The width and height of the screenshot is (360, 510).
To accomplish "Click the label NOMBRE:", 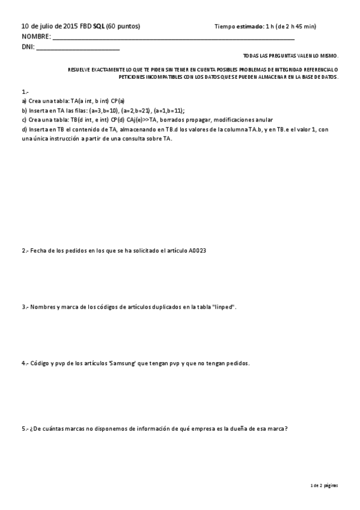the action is point(35,36).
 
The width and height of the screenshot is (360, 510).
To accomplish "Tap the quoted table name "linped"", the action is point(225,307).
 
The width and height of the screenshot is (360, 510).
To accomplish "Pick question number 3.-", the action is point(25,307).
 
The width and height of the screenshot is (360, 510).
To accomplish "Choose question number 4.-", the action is point(25,363).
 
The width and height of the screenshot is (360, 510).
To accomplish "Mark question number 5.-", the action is point(25,428).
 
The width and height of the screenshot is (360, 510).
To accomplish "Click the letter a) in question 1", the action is point(24,102).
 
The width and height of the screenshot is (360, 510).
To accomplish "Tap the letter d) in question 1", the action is point(24,129).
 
